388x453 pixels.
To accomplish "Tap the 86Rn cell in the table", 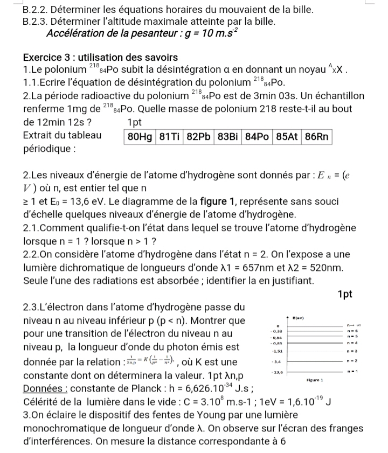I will pos(316,136).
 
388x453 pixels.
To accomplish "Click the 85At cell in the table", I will pos(287,136).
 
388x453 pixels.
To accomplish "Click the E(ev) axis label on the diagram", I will pos(299,319).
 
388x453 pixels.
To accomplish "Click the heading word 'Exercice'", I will pos(44,58).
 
